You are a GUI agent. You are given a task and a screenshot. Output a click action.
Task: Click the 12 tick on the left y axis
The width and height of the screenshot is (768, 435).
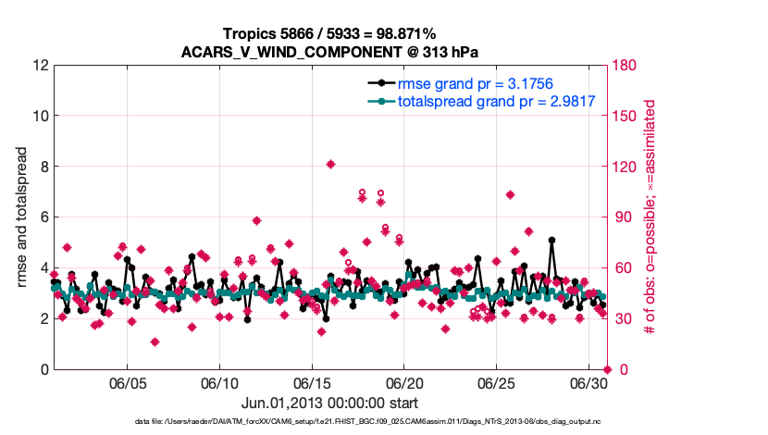coord(40,66)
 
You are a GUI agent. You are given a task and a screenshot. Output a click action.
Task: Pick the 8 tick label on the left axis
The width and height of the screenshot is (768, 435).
coord(43,168)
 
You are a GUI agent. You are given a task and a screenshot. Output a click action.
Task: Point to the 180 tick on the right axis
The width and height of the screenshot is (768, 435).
coord(626,66)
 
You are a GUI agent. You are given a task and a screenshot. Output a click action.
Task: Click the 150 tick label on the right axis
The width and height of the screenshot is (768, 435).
coord(626,117)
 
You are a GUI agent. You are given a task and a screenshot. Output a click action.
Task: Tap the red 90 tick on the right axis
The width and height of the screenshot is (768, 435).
coord(622,217)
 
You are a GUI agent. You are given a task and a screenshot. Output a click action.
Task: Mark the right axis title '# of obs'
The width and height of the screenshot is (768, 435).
coord(650,217)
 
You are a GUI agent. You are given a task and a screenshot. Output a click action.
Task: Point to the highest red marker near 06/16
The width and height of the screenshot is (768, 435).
coord(330,165)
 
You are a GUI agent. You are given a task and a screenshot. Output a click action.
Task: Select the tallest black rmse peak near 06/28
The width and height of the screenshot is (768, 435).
coord(551,240)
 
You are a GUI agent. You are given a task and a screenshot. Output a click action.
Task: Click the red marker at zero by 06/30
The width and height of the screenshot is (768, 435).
coord(607,369)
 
